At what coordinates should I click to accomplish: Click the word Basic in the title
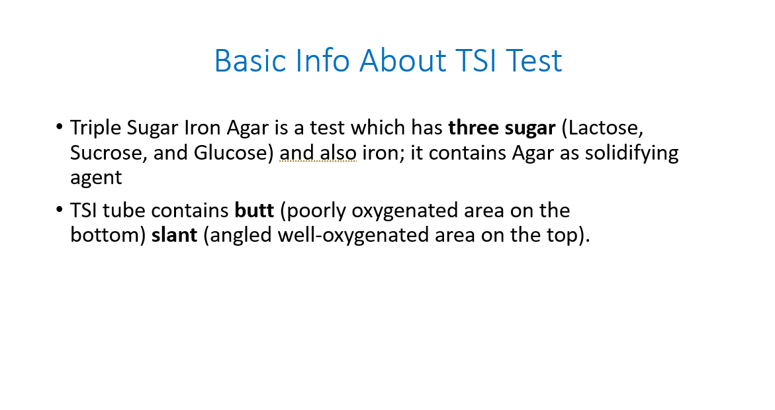pos(250,61)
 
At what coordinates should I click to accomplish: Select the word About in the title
pos(403,61)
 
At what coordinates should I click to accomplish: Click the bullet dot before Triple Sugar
pos(60,127)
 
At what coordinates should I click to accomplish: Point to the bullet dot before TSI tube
pos(60,209)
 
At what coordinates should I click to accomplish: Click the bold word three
pos(473,128)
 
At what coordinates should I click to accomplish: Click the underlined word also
pos(338,153)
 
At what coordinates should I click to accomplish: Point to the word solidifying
pos(631,154)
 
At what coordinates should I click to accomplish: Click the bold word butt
pos(254,211)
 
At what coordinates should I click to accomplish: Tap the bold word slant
pos(174,235)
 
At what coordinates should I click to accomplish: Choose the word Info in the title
pos(322,61)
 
